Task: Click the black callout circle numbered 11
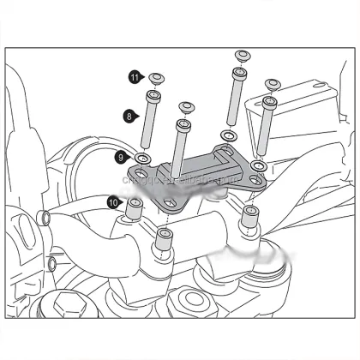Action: (x=135, y=77)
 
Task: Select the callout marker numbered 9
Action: (x=121, y=158)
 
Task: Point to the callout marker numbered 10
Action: (x=113, y=202)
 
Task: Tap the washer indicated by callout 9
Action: (x=143, y=159)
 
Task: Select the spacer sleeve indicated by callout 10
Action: (x=135, y=208)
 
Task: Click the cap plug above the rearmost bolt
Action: (x=242, y=57)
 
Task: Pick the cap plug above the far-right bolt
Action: (x=273, y=84)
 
